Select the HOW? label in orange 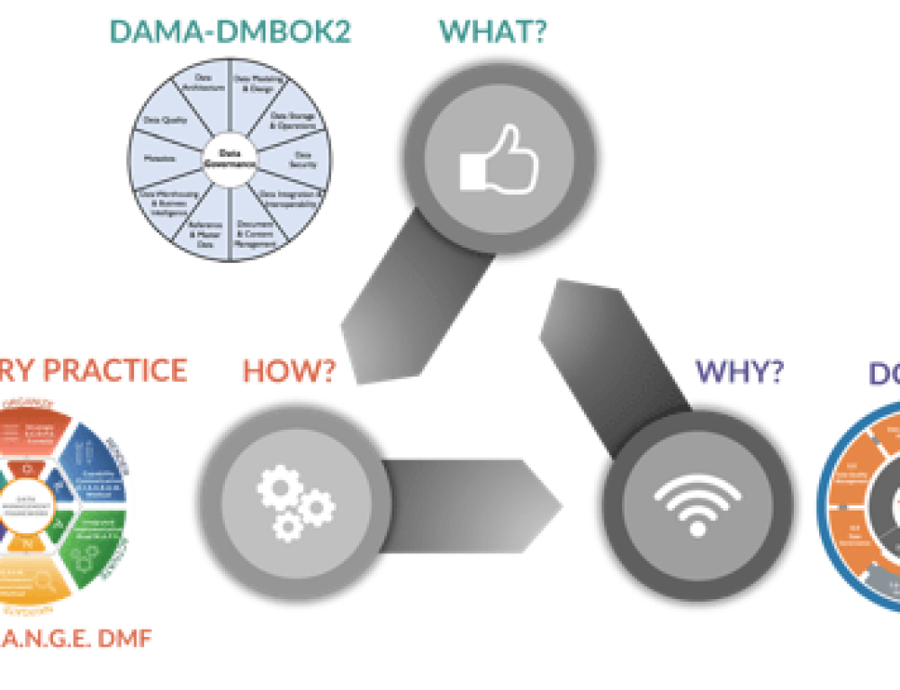(x=288, y=371)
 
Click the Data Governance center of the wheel (x=229, y=159)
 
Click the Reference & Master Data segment (x=205, y=230)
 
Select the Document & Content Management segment (x=254, y=230)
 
